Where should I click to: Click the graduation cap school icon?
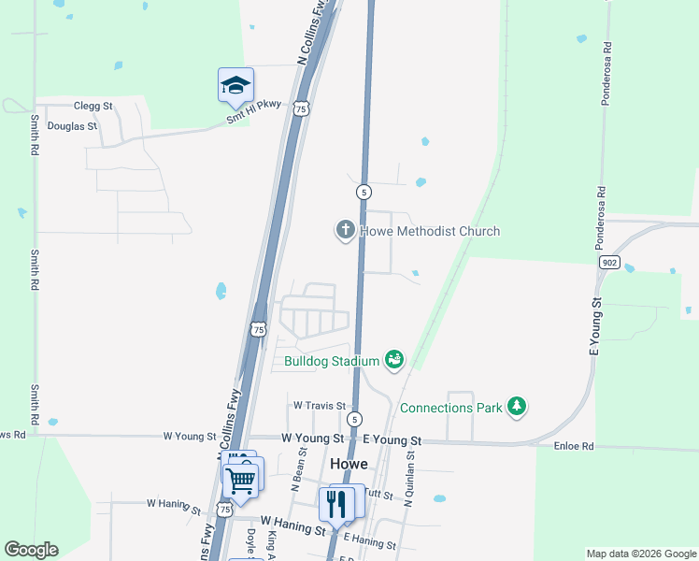pyautogui.click(x=236, y=85)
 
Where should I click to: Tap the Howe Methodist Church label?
pyautogui.click(x=430, y=231)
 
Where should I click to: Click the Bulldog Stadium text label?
pyautogui.click(x=332, y=361)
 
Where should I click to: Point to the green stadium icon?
pyautogui.click(x=394, y=359)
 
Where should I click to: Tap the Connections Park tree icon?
pyautogui.click(x=516, y=407)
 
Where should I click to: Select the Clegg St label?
pyautogui.click(x=93, y=107)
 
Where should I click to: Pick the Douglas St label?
pyautogui.click(x=72, y=125)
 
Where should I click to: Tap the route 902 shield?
pyautogui.click(x=609, y=264)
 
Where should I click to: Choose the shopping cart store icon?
pyautogui.click(x=241, y=480)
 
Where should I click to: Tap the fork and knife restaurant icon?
pyautogui.click(x=335, y=504)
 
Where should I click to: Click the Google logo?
pyautogui.click(x=31, y=550)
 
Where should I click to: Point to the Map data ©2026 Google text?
pyautogui.click(x=641, y=554)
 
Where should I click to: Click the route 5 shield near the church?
pyautogui.click(x=364, y=192)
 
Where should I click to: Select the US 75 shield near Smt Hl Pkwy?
pyautogui.click(x=300, y=109)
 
